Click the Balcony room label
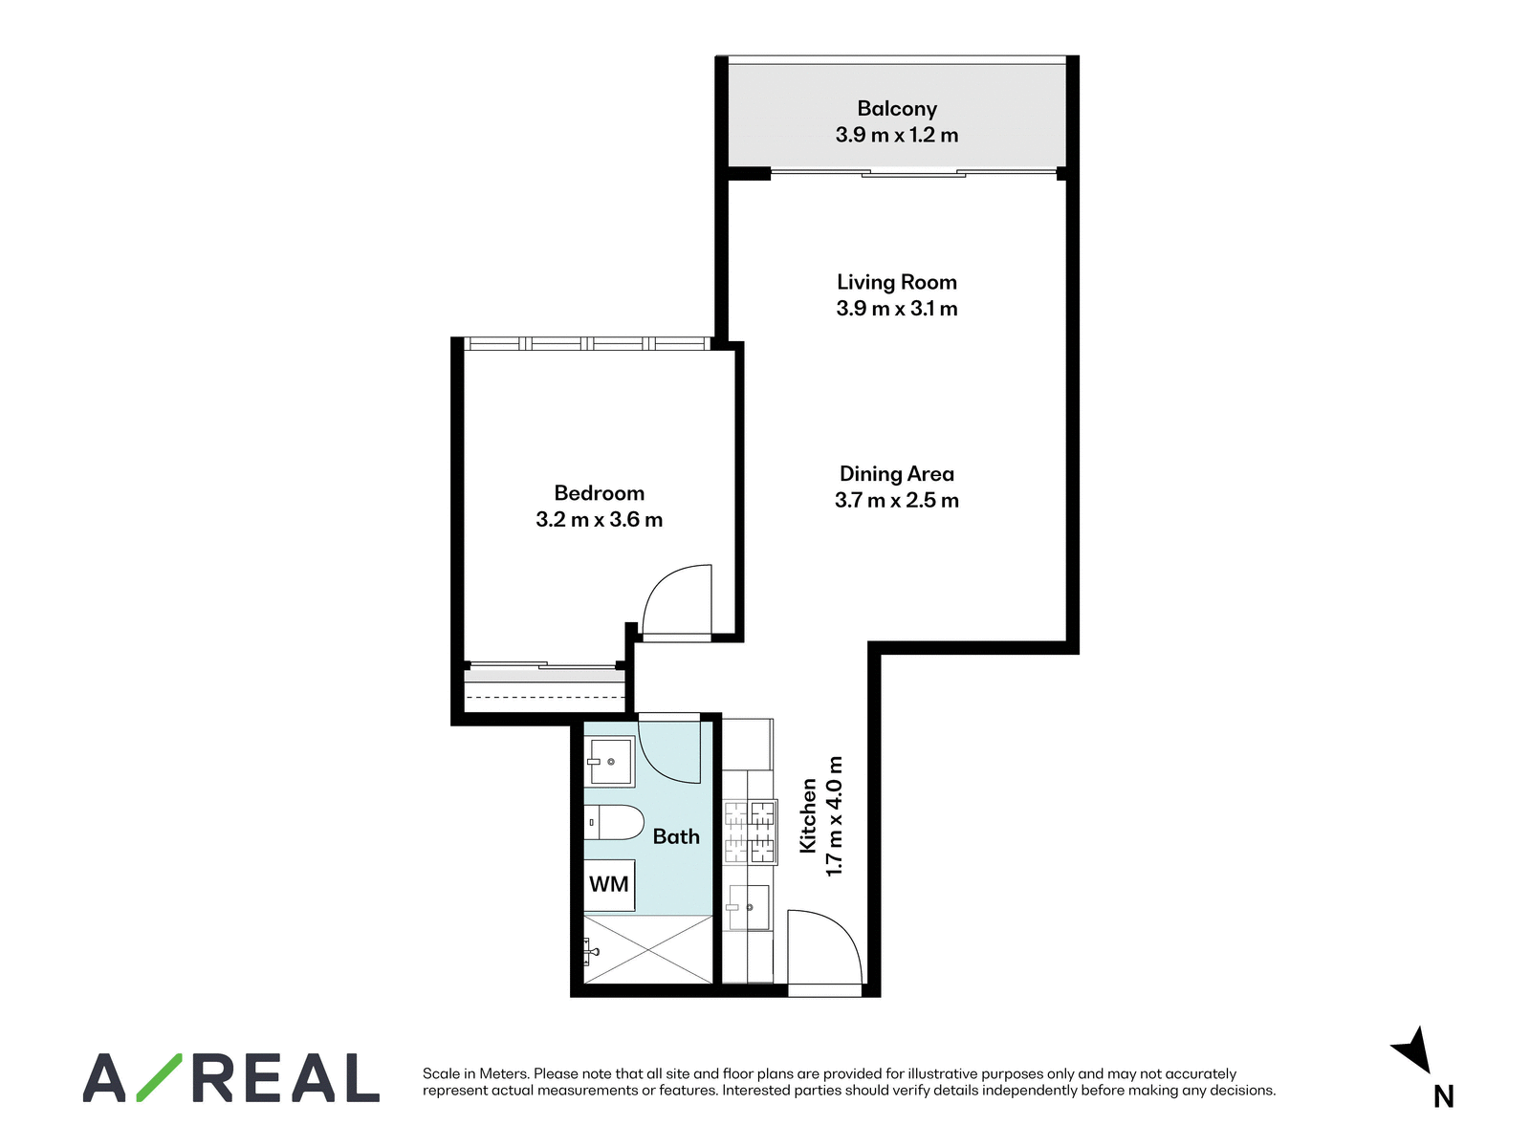click(896, 109)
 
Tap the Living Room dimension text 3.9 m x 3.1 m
click(896, 308)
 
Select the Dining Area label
click(896, 473)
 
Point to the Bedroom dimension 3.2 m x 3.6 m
click(599, 520)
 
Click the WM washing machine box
click(609, 884)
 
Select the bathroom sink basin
click(609, 761)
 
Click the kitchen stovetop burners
click(750, 833)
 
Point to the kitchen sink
click(747, 907)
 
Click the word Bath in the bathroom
click(675, 836)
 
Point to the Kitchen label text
click(808, 815)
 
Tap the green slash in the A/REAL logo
click(159, 1077)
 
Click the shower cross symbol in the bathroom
click(648, 949)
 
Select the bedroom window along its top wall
click(587, 343)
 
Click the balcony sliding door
click(913, 172)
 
